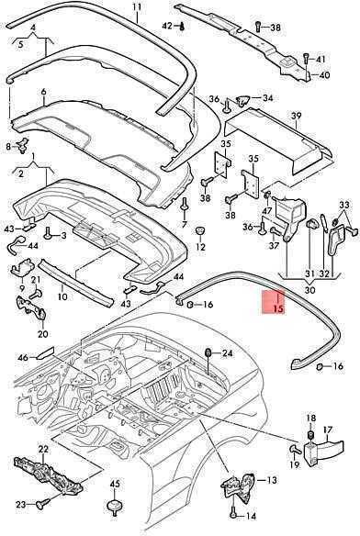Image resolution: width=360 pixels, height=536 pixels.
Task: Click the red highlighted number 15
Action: coord(278,308)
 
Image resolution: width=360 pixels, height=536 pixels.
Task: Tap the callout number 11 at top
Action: coord(137,6)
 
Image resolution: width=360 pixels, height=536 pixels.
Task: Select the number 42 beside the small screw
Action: coord(167,26)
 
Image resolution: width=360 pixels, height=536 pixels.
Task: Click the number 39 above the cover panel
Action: coord(296,116)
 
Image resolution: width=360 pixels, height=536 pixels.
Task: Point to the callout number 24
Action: coord(227,352)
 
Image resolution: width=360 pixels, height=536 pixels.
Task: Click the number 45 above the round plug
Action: coord(115,484)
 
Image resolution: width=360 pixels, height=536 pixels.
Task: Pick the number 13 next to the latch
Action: coord(271,480)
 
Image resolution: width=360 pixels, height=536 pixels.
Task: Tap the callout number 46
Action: coord(23,358)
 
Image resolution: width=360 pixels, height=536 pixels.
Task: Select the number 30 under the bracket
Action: coord(309,290)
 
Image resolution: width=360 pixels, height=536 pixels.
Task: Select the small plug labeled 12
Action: coord(200,229)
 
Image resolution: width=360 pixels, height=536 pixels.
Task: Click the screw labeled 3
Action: coord(48,233)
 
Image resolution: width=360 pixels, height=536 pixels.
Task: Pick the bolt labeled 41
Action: coord(306,60)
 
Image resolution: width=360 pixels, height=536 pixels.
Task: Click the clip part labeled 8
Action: coord(24,145)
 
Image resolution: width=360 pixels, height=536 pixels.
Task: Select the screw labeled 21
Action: coord(36,294)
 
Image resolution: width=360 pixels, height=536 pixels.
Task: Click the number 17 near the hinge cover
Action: coord(328,430)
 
